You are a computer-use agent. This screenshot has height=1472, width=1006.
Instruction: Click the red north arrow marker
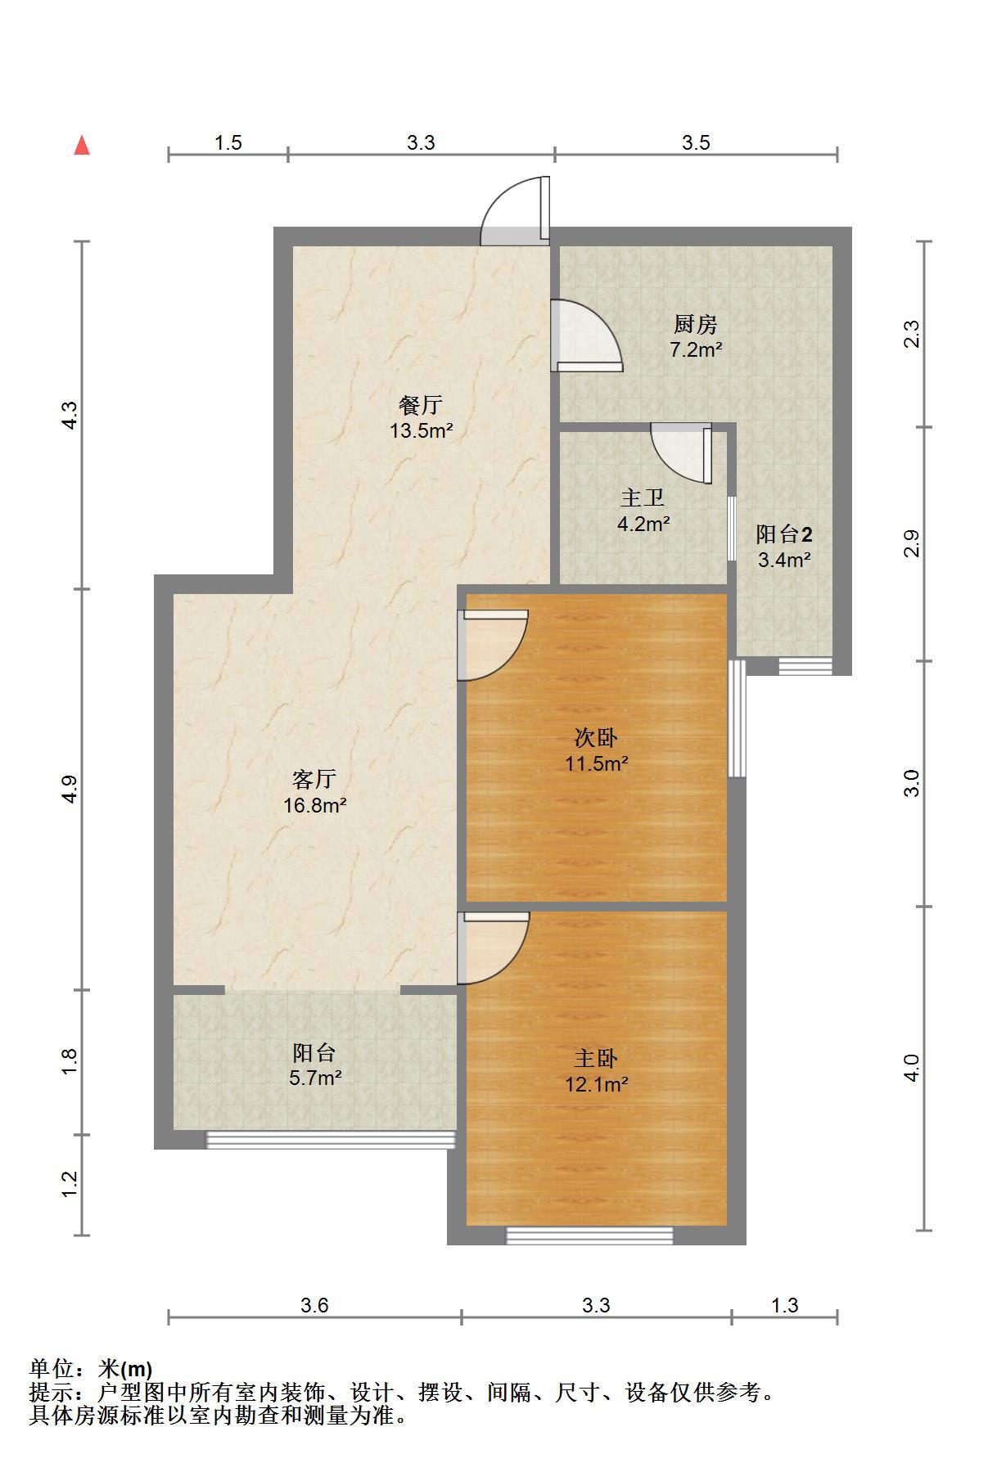(82, 146)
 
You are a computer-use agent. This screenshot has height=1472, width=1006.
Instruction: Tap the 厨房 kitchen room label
(696, 325)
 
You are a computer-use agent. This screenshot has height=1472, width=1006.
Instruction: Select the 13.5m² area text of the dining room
(422, 430)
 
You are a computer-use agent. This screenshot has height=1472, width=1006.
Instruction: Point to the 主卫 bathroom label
(643, 497)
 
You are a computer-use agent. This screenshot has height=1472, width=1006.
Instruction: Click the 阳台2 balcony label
(784, 534)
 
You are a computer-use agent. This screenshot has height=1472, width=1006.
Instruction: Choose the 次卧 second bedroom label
(596, 738)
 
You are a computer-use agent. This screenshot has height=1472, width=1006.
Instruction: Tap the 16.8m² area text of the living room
(315, 805)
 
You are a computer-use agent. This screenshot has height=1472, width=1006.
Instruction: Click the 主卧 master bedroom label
(596, 1059)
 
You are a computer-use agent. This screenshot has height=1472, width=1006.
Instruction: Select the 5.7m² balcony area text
(315, 1078)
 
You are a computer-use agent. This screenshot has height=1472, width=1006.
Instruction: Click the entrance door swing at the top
(515, 211)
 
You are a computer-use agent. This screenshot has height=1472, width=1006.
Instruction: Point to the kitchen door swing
(587, 335)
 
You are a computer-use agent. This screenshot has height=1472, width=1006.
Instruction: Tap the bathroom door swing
(682, 453)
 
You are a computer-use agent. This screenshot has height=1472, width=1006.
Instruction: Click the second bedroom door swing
(492, 645)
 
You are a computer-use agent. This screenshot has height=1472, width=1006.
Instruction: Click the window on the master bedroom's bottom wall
(589, 1236)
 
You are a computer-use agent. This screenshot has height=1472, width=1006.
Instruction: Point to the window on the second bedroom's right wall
(738, 718)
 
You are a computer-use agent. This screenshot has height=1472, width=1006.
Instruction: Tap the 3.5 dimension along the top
(696, 142)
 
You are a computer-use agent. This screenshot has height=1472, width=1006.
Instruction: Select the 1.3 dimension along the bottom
(784, 1305)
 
